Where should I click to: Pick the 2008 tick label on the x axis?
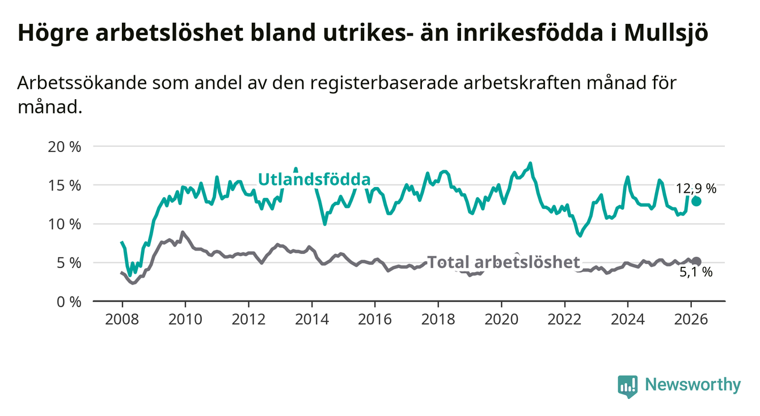tap(122, 319)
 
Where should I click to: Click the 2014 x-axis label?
tap(311, 319)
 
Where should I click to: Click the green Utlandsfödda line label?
tap(314, 180)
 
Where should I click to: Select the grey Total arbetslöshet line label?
tap(504, 262)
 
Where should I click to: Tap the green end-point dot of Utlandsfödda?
tap(696, 201)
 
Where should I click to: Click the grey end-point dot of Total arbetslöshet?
tap(696, 261)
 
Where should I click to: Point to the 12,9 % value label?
tap(696, 189)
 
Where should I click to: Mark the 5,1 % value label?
tap(696, 273)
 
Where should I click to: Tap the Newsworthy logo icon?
tap(627, 386)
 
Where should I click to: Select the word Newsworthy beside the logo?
tap(693, 385)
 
